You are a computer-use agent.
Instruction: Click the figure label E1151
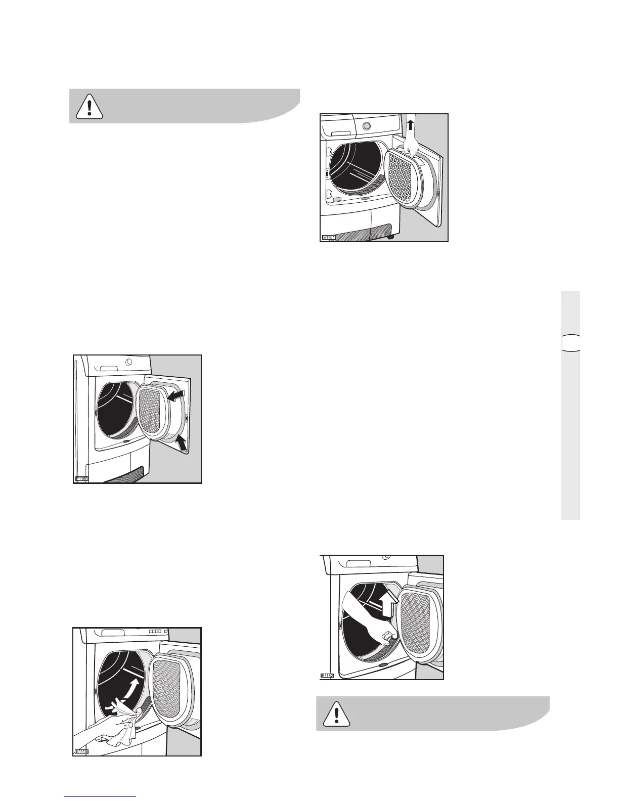[x=330, y=237]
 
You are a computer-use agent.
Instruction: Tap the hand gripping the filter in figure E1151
[x=412, y=148]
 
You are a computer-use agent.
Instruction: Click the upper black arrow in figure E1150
[x=175, y=395]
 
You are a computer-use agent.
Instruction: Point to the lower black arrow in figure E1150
[x=180, y=443]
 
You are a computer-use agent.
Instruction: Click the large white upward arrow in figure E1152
[x=388, y=603]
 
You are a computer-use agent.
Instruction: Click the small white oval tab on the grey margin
[x=570, y=342]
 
